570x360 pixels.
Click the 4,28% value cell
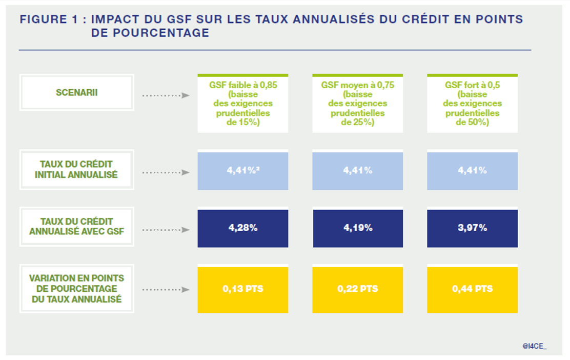coord(242,228)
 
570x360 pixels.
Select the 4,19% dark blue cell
coord(357,228)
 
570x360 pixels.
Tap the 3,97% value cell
coord(472,228)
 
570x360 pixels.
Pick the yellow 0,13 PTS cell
coord(242,289)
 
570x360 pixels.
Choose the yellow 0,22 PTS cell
coord(357,289)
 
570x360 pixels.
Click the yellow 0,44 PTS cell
coord(472,289)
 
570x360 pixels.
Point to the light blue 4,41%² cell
coord(242,171)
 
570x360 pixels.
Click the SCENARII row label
coord(76,93)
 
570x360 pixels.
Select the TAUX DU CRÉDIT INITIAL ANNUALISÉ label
coord(76,170)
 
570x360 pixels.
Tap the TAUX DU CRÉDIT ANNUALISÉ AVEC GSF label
coord(76,227)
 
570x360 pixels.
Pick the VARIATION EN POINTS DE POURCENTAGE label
coord(76,288)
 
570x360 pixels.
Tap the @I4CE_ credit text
coord(534,346)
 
